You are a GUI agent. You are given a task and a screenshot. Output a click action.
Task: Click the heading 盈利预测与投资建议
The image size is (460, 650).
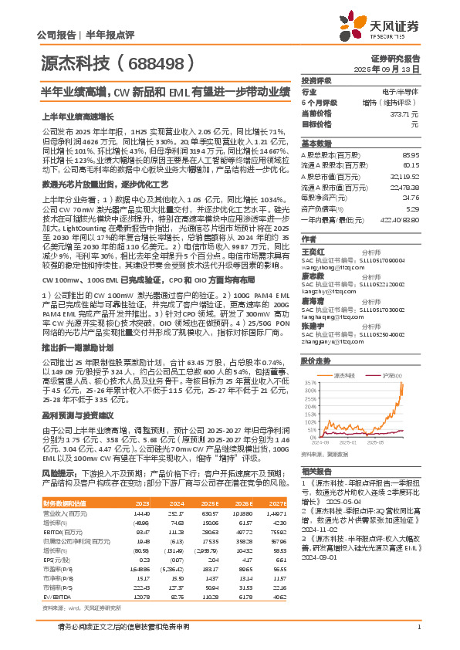(x=76, y=415)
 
